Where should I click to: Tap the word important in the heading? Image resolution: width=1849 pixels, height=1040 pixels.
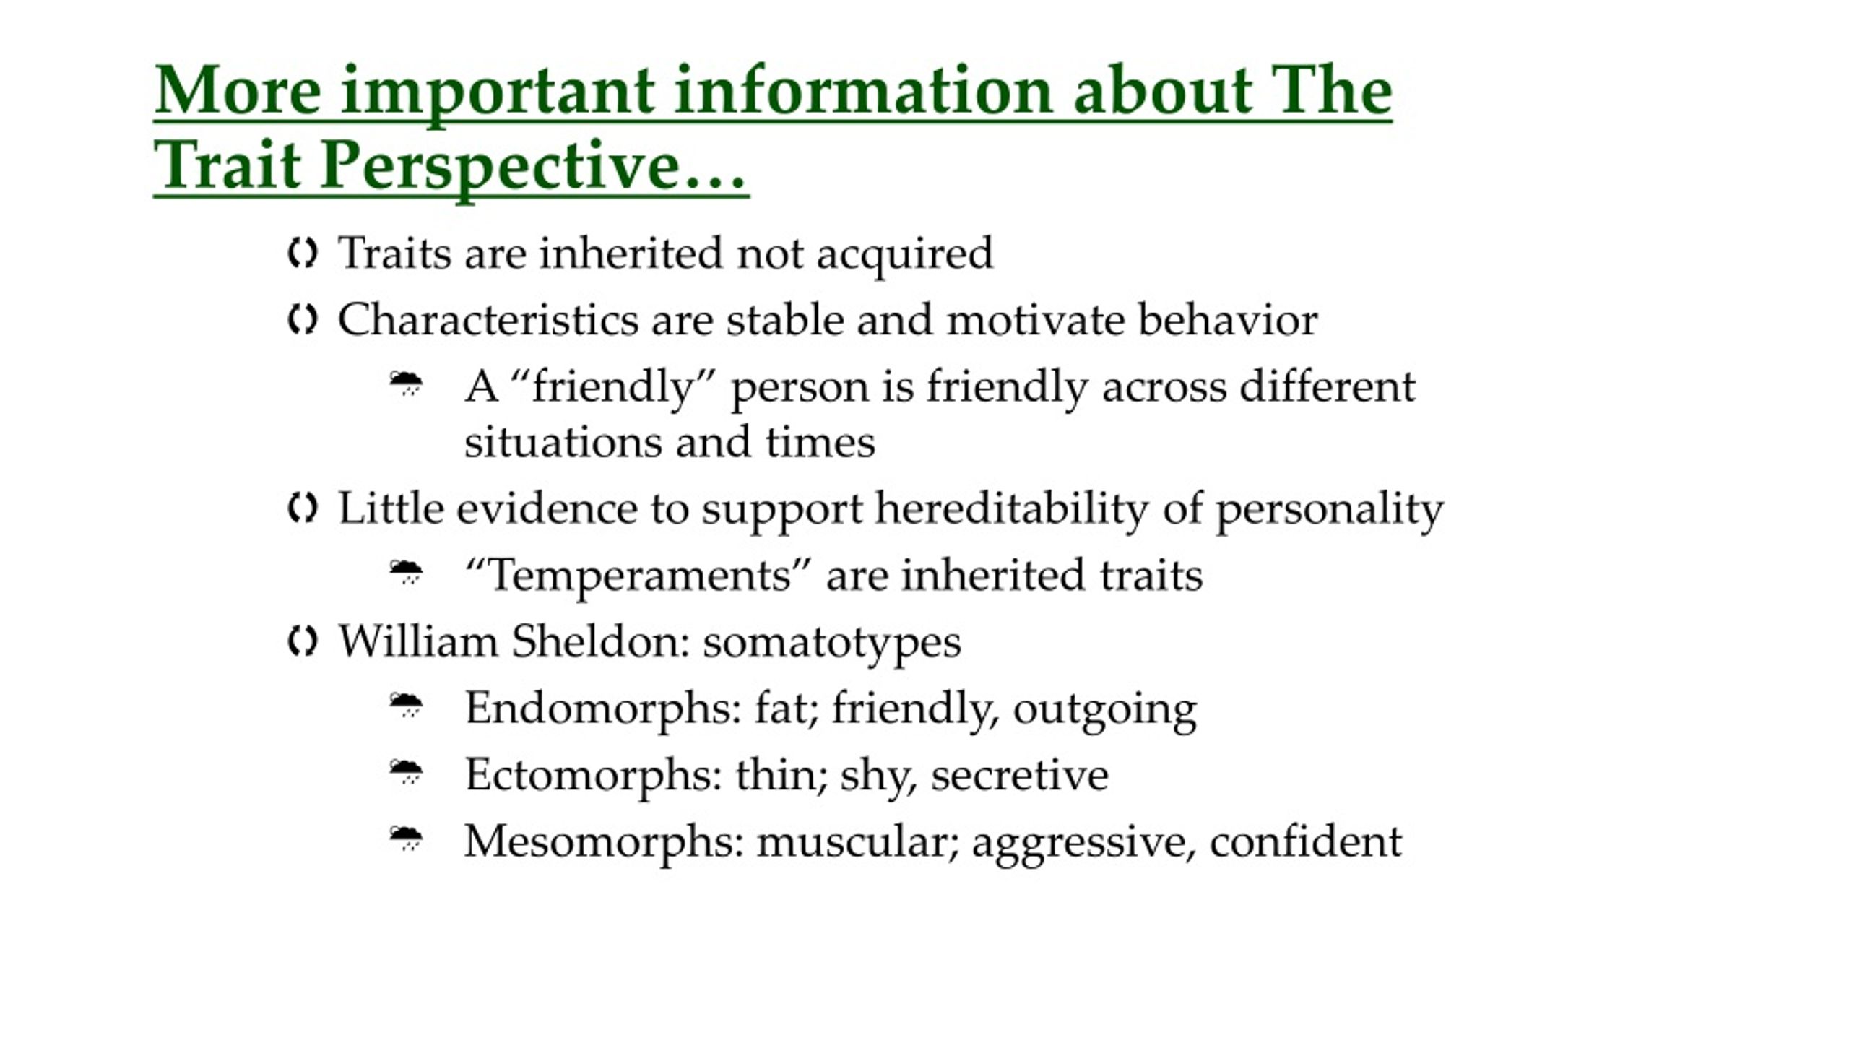click(x=498, y=93)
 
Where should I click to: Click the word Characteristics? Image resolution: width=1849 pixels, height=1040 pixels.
click(x=488, y=319)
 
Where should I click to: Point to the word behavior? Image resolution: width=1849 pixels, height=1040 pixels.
click(x=1228, y=319)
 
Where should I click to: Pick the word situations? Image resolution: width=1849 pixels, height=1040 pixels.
click(x=563, y=441)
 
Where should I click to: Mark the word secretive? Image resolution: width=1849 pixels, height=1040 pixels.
click(x=1020, y=776)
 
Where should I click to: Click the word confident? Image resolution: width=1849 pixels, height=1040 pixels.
click(x=1306, y=842)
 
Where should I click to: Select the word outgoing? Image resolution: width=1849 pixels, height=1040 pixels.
click(x=1105, y=711)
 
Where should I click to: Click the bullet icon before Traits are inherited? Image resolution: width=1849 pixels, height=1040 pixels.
click(x=302, y=253)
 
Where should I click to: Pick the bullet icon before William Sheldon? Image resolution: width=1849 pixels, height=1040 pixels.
click(x=302, y=641)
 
